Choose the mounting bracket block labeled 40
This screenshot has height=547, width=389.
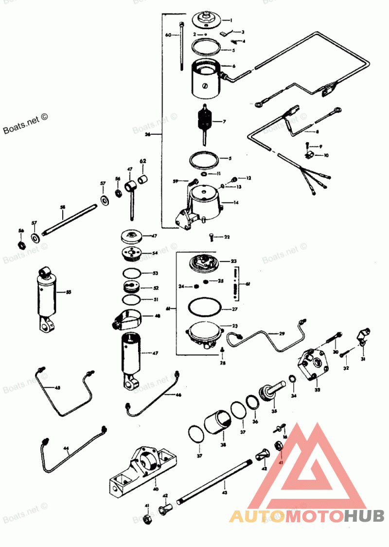143,468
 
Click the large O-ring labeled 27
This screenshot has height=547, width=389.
204,308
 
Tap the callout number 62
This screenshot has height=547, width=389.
143,161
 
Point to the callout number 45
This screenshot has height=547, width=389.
57,387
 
